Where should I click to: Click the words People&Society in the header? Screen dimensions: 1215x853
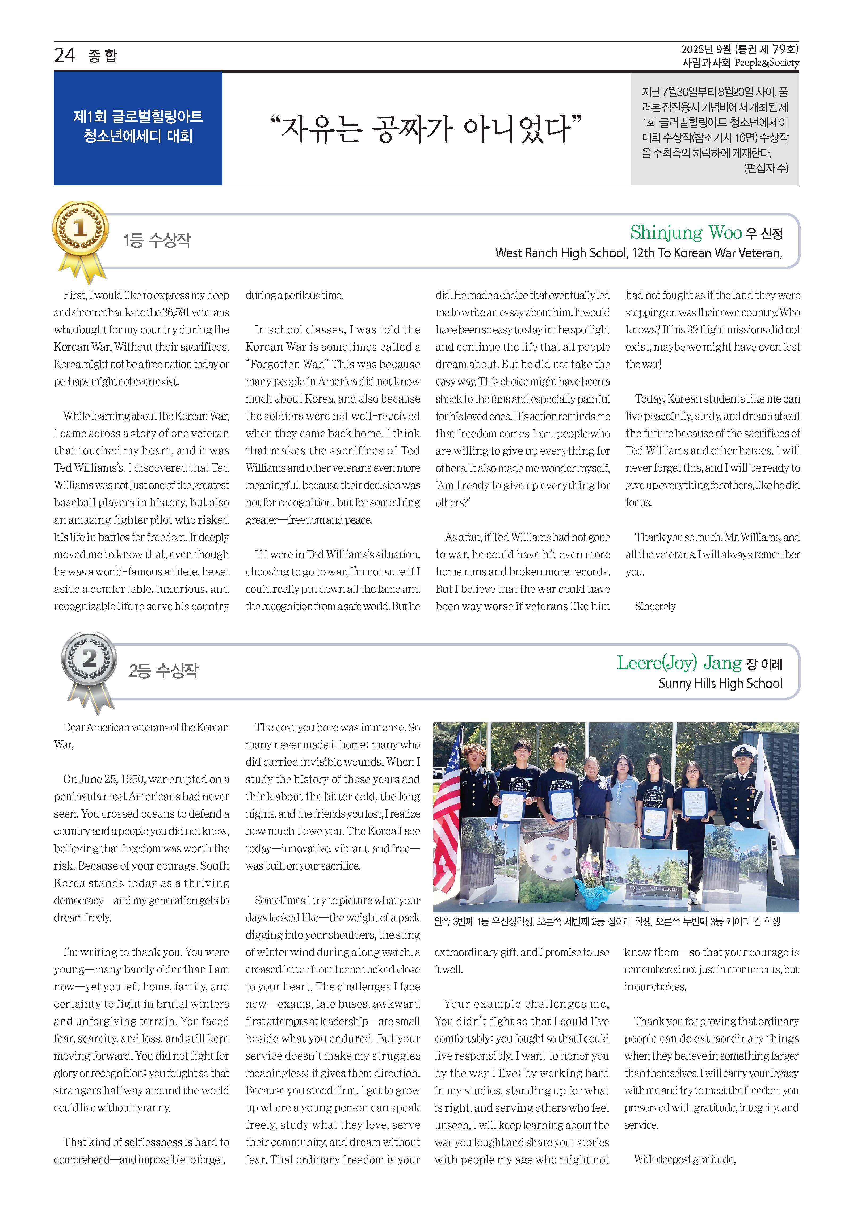coord(766,62)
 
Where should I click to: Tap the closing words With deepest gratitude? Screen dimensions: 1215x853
coord(684,1159)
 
